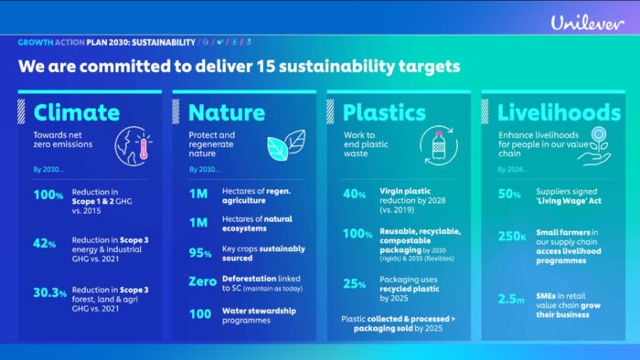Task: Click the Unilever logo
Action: point(587,22)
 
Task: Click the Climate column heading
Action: point(77,112)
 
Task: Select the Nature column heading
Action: point(227,112)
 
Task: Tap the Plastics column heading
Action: point(384,112)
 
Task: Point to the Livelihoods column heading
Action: point(558,112)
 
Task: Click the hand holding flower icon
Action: point(599,146)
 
